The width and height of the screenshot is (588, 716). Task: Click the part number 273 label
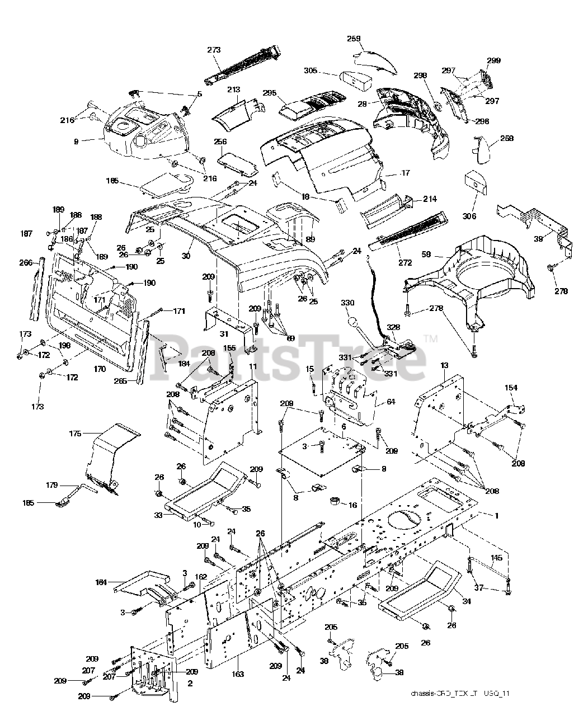tap(214, 50)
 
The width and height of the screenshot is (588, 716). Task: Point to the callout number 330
tap(347, 303)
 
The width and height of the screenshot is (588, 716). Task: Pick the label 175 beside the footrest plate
tap(75, 434)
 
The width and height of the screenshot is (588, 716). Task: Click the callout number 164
tap(101, 582)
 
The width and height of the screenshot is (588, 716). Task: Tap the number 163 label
tap(238, 674)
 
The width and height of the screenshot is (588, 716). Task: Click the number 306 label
tap(469, 216)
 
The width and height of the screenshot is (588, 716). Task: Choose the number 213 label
tap(234, 89)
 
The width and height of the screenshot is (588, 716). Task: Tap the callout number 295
tap(271, 93)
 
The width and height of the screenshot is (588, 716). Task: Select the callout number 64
tap(375, 402)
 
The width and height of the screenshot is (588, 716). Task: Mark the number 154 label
tap(511, 388)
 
